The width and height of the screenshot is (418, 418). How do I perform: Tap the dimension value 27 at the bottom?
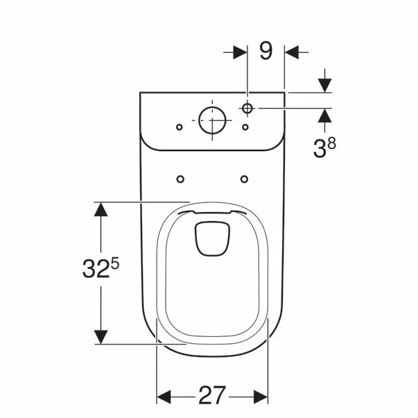click(x=213, y=396)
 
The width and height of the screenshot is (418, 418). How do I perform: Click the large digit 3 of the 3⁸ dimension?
click(x=319, y=147)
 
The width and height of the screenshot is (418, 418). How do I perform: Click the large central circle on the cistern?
click(x=211, y=121)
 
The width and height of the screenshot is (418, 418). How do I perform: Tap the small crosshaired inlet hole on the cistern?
click(x=247, y=108)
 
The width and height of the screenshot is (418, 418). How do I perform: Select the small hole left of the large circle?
click(x=179, y=127)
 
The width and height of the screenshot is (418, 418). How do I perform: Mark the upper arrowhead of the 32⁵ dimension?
click(x=102, y=210)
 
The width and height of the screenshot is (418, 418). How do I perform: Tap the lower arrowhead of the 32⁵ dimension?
click(x=102, y=336)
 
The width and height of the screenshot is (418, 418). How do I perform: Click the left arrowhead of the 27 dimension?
click(x=165, y=396)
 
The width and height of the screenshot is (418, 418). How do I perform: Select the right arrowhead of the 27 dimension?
click(x=261, y=396)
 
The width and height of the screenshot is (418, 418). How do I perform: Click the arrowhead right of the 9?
click(x=293, y=51)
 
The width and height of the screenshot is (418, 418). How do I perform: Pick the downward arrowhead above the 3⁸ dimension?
click(x=324, y=84)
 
